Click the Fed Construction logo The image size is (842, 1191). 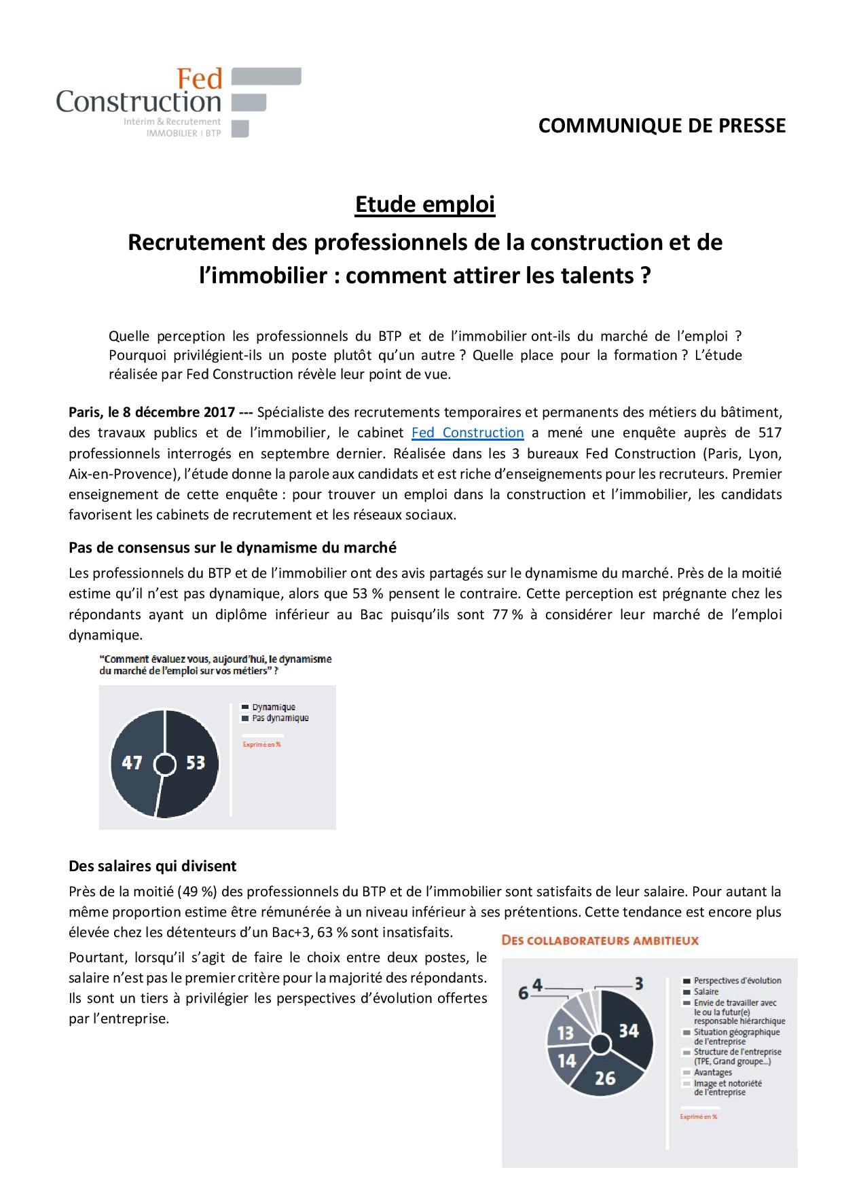[178, 102]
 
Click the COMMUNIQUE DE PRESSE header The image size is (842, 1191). [661, 126]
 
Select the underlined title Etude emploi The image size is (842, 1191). [425, 204]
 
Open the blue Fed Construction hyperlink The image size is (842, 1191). [468, 433]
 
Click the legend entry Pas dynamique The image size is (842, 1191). [280, 718]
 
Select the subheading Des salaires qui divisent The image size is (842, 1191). [153, 866]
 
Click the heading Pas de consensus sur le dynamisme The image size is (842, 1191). [232, 547]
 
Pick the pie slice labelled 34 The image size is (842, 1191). [628, 1031]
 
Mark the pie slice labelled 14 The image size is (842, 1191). [566, 1061]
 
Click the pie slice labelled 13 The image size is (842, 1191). [565, 1033]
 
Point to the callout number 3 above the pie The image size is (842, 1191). [638, 983]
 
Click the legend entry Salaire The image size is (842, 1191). [706, 991]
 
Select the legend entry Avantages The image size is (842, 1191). [713, 1072]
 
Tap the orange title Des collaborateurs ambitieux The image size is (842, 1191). [600, 940]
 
